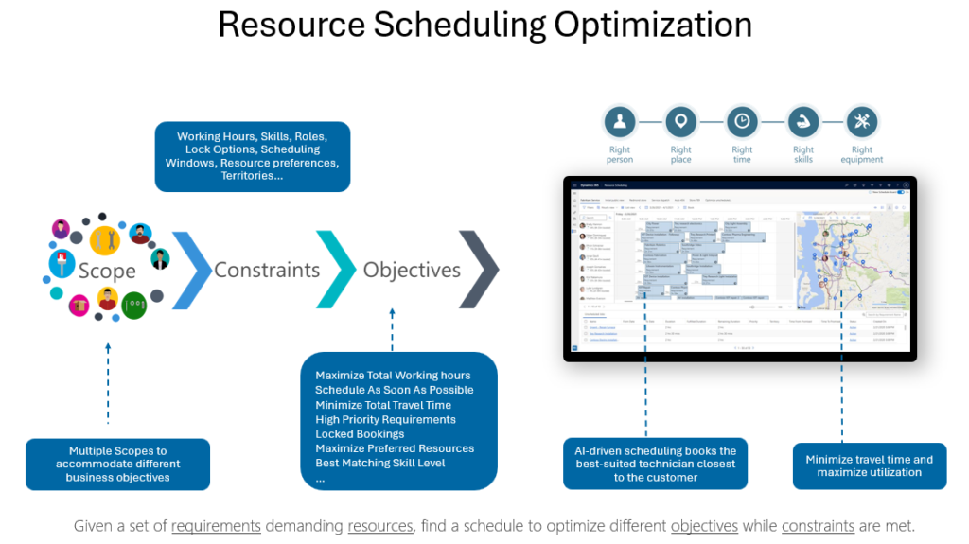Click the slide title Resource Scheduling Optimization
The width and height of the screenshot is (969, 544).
pyautogui.click(x=484, y=25)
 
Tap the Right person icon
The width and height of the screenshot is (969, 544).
pyautogui.click(x=620, y=122)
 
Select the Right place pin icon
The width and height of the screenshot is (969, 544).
pyautogui.click(x=680, y=122)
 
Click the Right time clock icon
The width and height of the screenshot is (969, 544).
pyautogui.click(x=742, y=122)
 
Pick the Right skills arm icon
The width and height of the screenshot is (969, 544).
pyautogui.click(x=802, y=122)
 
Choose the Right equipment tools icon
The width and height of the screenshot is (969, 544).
pyautogui.click(x=861, y=122)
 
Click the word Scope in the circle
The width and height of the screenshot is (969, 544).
pyautogui.click(x=107, y=271)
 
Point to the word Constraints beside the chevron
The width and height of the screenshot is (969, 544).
pyautogui.click(x=267, y=270)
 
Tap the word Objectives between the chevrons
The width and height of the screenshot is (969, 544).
pyautogui.click(x=412, y=270)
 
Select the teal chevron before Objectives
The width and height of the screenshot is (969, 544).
pyautogui.click(x=336, y=270)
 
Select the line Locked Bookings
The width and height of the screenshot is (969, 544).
pyautogui.click(x=360, y=434)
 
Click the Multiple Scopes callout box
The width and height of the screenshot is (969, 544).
pyautogui.click(x=117, y=465)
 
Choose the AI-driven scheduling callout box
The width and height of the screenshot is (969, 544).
pyautogui.click(x=655, y=464)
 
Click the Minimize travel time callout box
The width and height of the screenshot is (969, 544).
pyautogui.click(x=869, y=465)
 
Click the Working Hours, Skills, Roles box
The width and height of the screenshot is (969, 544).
pyautogui.click(x=252, y=156)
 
